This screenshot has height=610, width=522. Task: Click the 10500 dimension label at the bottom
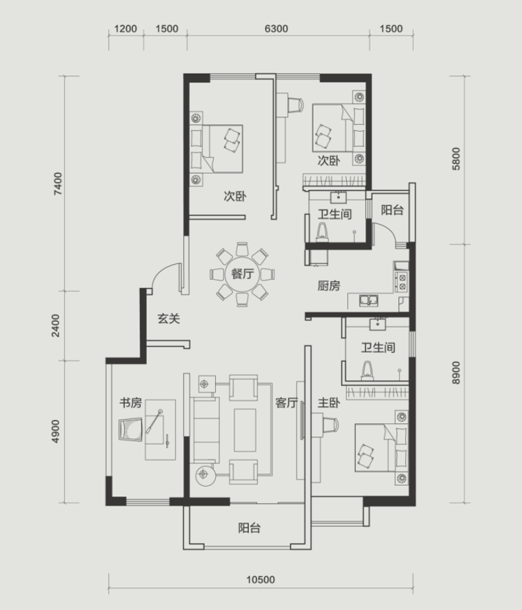tap(260, 580)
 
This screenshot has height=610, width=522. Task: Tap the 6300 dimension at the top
tap(276, 29)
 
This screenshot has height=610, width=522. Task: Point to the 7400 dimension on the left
tap(57, 183)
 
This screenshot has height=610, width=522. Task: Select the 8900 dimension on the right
tap(456, 373)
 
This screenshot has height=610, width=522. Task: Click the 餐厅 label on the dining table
tap(242, 274)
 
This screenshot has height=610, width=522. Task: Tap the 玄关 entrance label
tap(169, 319)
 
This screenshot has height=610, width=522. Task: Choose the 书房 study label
tap(130, 403)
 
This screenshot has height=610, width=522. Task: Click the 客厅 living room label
tap(287, 403)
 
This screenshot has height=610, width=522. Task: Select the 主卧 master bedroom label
tap(329, 403)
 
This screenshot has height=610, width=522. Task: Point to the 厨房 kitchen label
tap(329, 286)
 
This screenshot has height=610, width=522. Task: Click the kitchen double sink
tap(368, 300)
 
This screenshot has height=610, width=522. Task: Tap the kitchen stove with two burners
tap(401, 282)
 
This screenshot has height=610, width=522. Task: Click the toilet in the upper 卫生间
tap(322, 232)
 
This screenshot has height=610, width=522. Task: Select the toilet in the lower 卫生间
tap(367, 370)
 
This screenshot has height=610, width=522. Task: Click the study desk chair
tap(130, 429)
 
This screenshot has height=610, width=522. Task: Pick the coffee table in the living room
tap(245, 430)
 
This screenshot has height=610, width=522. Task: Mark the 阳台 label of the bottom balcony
tap(249, 528)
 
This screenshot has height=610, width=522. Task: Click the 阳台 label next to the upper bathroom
tap(392, 211)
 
